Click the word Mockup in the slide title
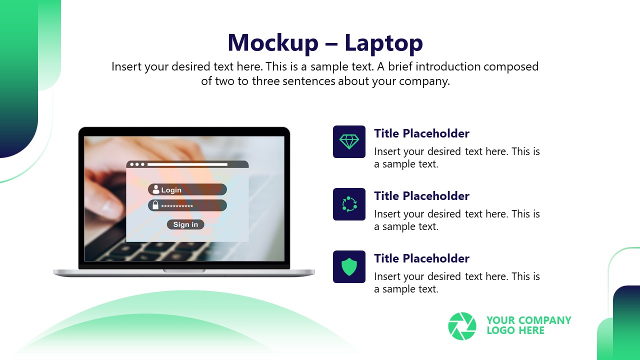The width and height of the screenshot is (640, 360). click(x=272, y=43)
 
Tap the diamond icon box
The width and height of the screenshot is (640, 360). click(x=349, y=142)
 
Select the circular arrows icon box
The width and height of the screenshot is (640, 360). click(x=349, y=204)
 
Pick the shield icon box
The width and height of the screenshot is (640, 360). click(x=349, y=266)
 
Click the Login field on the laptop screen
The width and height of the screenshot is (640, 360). click(x=187, y=189)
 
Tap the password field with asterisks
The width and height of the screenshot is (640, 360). click(x=187, y=205)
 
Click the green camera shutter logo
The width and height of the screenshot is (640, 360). click(x=462, y=326)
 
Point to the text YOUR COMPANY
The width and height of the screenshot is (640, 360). click(x=528, y=320)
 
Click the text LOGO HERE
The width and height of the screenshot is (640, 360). click(x=515, y=330)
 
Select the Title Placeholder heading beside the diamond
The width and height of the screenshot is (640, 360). click(x=421, y=133)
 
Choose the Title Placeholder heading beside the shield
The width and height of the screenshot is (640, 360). click(x=421, y=258)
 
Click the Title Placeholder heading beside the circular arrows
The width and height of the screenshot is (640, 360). click(x=421, y=196)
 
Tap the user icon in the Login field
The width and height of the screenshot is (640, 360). click(x=155, y=189)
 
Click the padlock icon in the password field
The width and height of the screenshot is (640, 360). click(x=155, y=205)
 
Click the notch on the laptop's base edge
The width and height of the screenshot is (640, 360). click(x=184, y=270)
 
